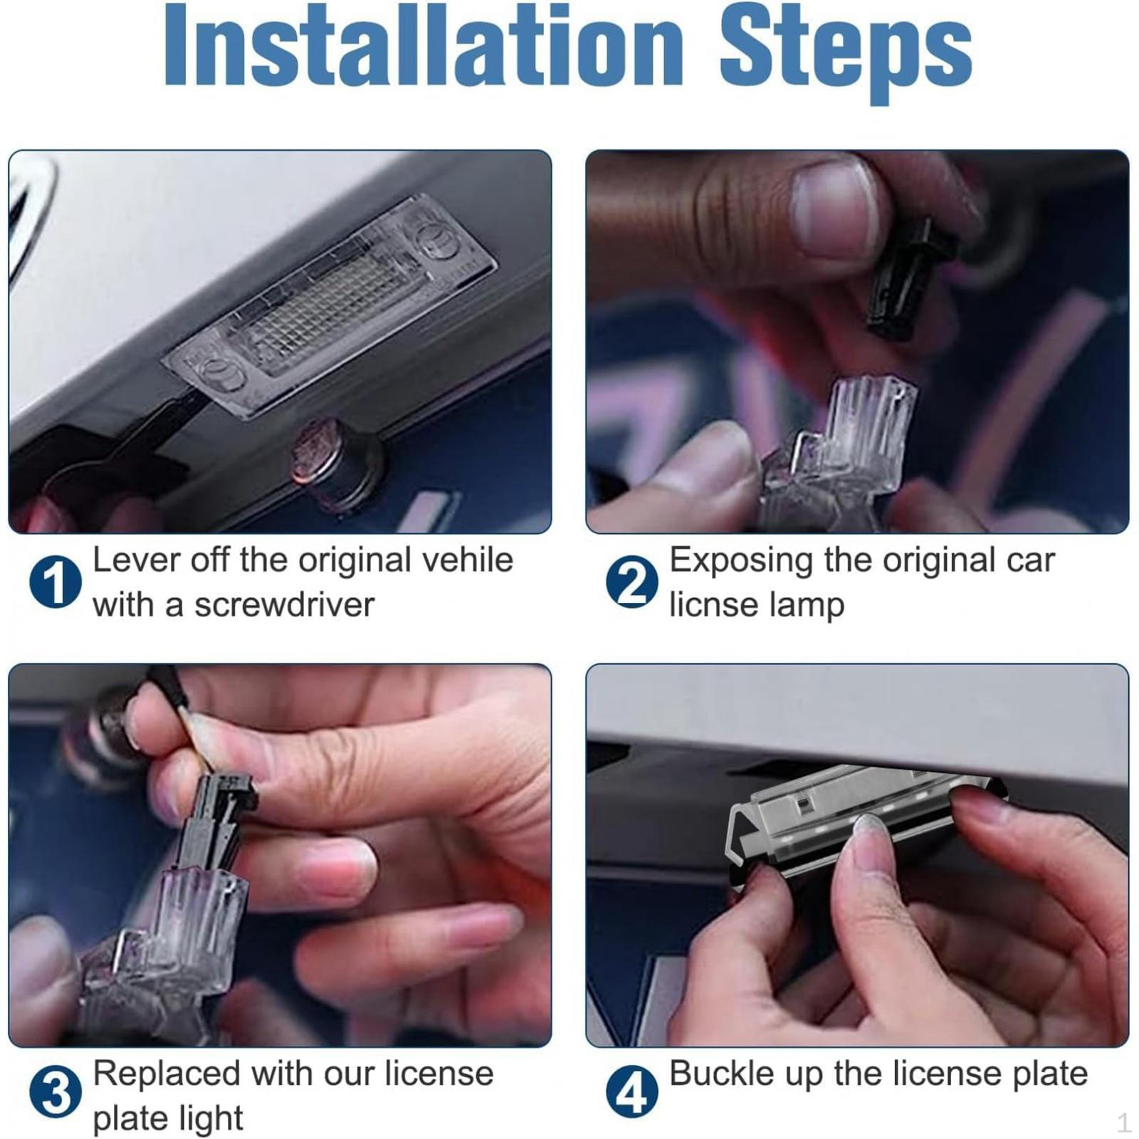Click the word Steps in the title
click(x=846, y=53)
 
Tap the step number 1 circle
click(x=55, y=582)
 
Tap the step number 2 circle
click(x=632, y=582)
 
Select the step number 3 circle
click(x=55, y=1091)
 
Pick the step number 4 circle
click(x=632, y=1091)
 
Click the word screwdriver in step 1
click(x=284, y=605)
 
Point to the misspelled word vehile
click(x=468, y=560)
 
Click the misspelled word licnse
click(x=714, y=605)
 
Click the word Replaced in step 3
click(x=167, y=1073)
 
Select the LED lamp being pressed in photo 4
click(x=865, y=822)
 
